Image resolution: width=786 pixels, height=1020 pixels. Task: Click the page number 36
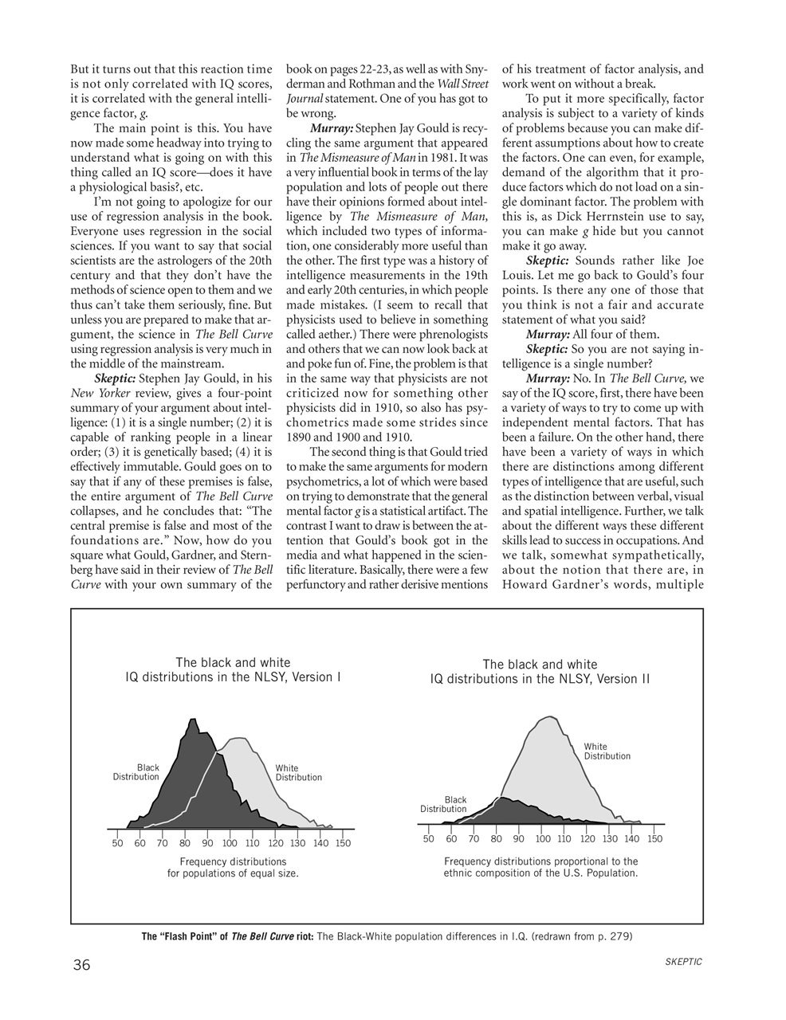coord(82,965)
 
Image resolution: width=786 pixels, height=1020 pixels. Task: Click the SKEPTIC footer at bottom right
coord(682,962)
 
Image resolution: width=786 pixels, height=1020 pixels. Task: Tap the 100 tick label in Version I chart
coord(230,843)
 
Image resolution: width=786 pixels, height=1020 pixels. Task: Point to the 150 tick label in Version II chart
coord(654,838)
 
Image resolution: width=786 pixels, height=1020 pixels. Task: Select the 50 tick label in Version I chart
coord(117,843)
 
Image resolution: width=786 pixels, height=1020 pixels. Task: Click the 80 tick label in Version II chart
coord(496,838)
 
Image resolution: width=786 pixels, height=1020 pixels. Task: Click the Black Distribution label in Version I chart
coord(136,772)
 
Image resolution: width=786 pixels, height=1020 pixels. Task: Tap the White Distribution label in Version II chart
coord(607,751)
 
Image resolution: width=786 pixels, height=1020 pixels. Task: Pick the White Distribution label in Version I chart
coord(298,773)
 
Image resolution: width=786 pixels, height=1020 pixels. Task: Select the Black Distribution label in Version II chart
coord(444,804)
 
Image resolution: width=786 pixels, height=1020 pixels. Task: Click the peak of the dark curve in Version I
coord(192,720)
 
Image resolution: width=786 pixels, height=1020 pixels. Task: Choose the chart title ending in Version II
coord(540,672)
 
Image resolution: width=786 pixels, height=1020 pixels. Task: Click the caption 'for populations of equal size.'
coord(233,873)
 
